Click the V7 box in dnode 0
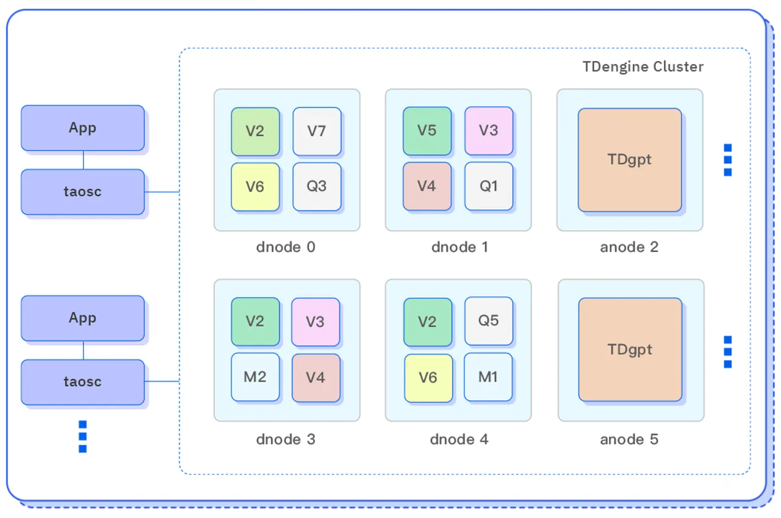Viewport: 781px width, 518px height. tap(317, 131)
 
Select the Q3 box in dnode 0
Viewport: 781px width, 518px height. tap(317, 186)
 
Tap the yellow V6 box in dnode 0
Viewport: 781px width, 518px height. tap(255, 186)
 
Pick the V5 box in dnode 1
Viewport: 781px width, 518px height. tap(427, 131)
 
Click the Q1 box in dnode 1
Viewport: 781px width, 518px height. tap(489, 186)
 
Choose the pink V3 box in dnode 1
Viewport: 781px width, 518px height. tap(489, 131)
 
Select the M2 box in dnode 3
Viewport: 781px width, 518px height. tap(255, 377)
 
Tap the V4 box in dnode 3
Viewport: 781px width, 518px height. tap(315, 378)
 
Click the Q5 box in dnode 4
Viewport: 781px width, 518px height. tap(489, 321)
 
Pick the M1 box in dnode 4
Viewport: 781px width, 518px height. tap(488, 377)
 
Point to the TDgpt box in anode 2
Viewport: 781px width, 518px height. tap(630, 160)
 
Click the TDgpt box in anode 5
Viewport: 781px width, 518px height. tap(630, 350)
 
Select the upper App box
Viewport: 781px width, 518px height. tap(83, 128)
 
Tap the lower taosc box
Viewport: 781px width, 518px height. tap(83, 382)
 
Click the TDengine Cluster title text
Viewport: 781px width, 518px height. tap(643, 67)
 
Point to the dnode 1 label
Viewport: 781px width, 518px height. tap(459, 247)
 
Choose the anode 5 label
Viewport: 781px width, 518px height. tap(629, 439)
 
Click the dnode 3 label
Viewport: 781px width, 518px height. tap(286, 439)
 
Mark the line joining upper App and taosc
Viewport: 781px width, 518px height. tap(84, 160)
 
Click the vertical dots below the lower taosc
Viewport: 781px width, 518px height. tap(83, 436)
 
